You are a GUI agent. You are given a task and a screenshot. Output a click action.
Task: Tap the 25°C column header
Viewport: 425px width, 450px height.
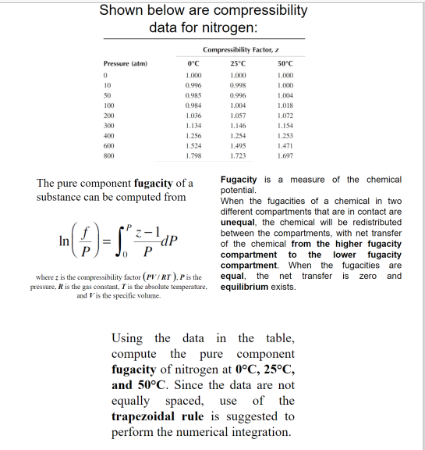239,63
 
